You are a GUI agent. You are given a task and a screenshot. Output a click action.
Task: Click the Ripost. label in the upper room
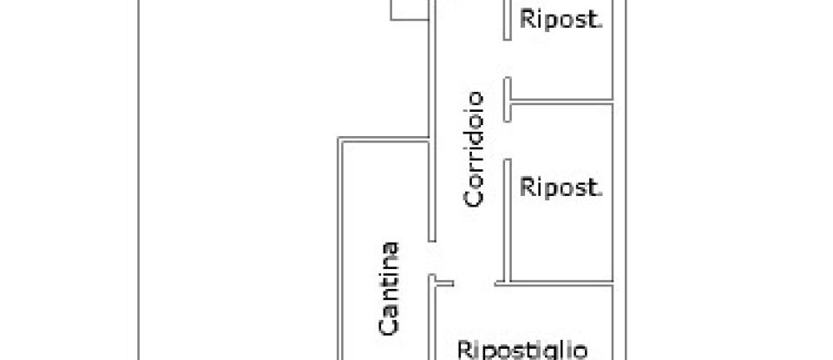561,20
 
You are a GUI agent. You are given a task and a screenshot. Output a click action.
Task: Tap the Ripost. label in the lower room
561,187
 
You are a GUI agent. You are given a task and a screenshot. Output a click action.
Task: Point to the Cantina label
390,288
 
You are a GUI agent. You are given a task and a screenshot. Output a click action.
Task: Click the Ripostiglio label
522,350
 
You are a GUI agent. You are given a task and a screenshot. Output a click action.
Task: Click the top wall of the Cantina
382,139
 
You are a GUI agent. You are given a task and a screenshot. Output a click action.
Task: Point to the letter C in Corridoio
474,199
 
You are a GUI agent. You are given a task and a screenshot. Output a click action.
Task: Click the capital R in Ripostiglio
465,350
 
